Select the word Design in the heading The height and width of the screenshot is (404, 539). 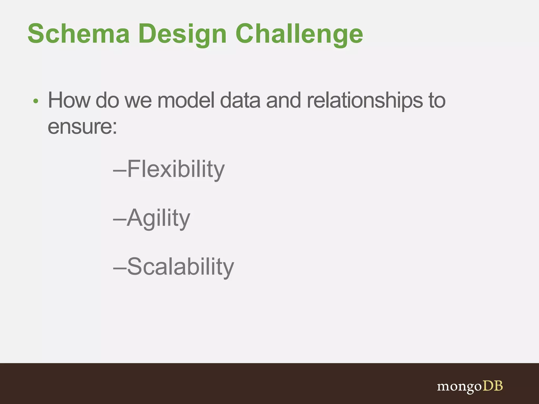[182, 34]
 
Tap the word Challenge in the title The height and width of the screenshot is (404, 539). [299, 34]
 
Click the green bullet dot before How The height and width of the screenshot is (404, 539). [36, 101]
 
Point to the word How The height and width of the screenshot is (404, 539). [69, 100]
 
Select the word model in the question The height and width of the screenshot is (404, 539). [186, 100]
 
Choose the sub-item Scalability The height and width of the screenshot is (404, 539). [180, 267]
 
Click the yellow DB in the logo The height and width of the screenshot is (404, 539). [492, 386]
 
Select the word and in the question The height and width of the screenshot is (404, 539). [283, 100]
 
